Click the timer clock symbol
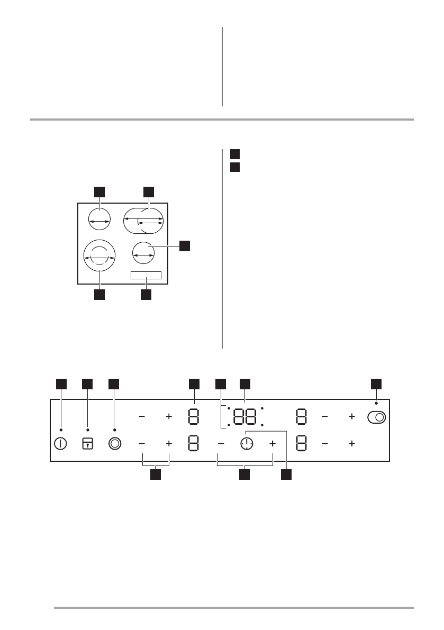247,444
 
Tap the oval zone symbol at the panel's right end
376,417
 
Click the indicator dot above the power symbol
61,430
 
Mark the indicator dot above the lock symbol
88,430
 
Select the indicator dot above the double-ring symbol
114,430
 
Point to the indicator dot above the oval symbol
376,404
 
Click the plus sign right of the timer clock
273,444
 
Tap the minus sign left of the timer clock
221,444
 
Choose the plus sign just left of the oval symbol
351,417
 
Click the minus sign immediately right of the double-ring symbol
142,444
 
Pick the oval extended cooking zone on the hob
143,221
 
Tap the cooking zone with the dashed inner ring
99,255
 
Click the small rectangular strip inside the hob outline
146,276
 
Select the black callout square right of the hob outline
185,246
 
